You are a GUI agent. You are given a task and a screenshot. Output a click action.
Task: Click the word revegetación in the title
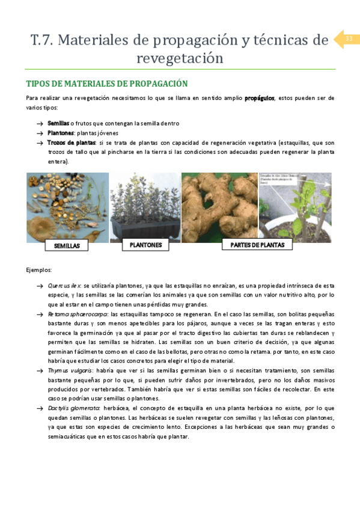180,58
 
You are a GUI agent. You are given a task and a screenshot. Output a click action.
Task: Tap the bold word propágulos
259,98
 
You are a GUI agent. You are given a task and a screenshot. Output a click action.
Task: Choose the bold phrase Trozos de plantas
72,143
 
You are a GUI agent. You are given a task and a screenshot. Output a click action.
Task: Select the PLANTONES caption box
145,245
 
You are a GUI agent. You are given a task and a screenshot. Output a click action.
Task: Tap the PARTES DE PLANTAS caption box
248,245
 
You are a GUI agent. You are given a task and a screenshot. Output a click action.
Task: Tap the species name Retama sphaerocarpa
78,315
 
